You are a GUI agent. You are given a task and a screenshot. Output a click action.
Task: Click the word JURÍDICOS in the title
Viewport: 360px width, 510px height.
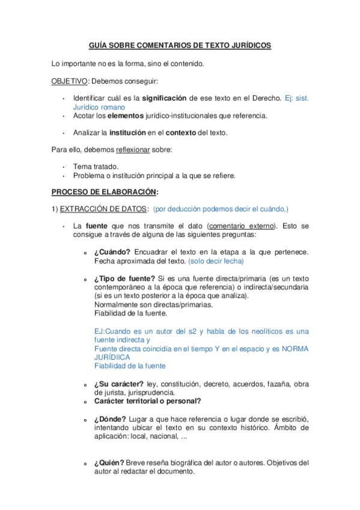251,46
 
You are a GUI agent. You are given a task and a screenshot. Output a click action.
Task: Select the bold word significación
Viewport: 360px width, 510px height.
165,97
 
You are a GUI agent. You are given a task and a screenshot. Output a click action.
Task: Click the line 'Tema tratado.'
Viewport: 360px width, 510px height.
96,166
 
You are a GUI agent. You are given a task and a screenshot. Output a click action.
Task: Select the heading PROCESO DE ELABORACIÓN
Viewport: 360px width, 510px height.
105,192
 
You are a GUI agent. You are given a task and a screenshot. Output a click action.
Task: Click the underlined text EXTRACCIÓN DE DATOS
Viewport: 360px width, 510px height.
105,209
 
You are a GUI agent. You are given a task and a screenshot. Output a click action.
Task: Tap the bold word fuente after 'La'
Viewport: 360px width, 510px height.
97,226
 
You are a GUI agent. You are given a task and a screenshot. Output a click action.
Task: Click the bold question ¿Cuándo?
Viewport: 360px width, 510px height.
112,251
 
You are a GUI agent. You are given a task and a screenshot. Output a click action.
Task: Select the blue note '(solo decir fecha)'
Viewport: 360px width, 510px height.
216,261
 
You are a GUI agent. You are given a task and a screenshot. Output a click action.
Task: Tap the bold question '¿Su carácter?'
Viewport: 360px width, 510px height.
118,384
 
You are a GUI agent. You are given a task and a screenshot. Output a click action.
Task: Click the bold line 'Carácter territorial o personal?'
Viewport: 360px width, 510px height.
147,401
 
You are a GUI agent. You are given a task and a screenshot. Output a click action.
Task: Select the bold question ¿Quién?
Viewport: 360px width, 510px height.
109,462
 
